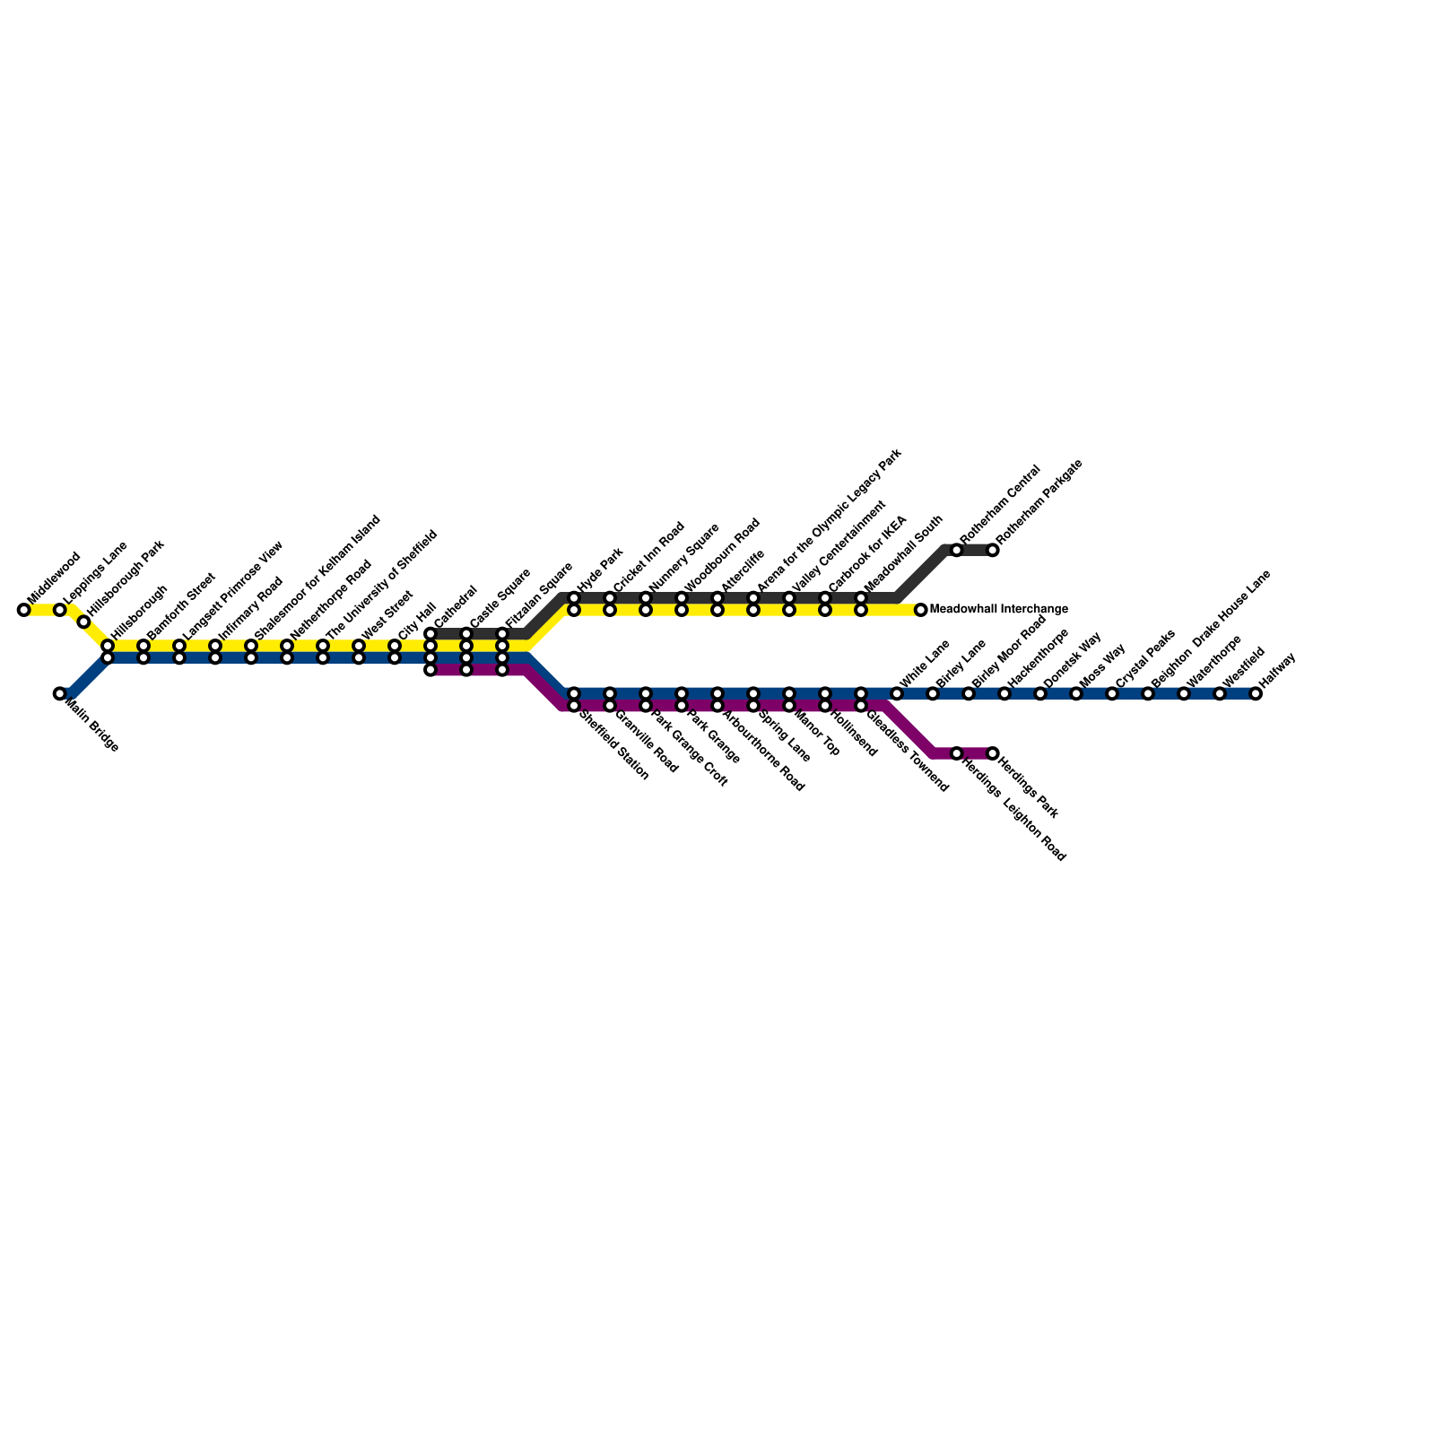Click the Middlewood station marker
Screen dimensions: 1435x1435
[23, 610]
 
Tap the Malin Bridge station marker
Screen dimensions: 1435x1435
[59, 693]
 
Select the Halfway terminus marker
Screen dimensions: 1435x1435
[1256, 693]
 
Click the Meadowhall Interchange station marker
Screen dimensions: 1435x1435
[920, 610]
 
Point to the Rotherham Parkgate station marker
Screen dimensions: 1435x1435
[992, 550]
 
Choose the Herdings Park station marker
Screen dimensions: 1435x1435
[992, 753]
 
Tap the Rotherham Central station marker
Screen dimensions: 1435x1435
[956, 550]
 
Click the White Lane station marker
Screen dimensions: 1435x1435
[897, 693]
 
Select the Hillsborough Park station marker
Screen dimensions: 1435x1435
[83, 622]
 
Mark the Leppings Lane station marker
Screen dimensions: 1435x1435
[59, 610]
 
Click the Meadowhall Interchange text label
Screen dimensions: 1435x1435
[998, 610]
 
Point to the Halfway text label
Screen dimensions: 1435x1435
[1277, 672]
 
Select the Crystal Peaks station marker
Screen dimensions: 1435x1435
[1112, 693]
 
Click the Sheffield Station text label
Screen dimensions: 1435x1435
[613, 746]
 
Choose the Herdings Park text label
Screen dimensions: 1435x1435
[1028, 789]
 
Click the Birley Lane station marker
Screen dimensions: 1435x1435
[933, 693]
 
